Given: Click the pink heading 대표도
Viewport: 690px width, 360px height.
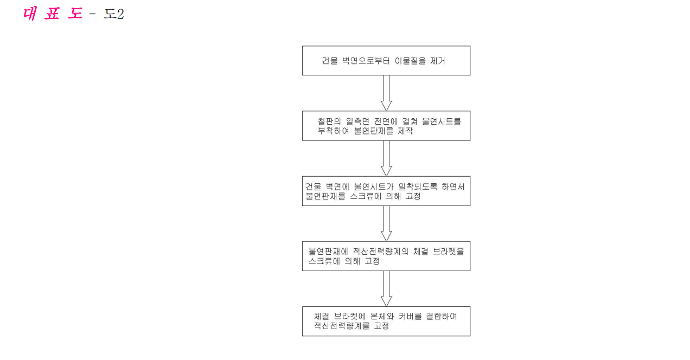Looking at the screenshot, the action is click(53, 14).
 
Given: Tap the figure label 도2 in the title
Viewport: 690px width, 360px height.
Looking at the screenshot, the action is click(114, 14).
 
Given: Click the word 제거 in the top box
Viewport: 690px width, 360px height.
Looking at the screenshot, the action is click(437, 61).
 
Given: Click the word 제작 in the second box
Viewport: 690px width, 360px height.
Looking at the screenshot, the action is click(405, 131).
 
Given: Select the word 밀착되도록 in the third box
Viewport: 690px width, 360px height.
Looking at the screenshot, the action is click(418, 187).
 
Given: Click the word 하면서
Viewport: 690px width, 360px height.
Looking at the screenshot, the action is click(453, 187).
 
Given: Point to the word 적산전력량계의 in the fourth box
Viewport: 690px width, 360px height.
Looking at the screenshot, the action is click(380, 252).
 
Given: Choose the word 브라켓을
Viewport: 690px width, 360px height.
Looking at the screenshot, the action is click(449, 252).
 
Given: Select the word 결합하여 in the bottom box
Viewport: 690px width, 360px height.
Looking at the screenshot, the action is click(442, 316).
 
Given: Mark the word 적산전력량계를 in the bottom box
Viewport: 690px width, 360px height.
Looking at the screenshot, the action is click(342, 326).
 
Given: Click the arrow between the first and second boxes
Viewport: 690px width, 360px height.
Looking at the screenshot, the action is click(386, 93).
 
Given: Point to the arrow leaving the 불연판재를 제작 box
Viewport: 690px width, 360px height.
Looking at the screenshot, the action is click(386, 158).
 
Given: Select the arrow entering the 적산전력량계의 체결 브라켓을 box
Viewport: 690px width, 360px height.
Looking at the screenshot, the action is click(386, 223).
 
